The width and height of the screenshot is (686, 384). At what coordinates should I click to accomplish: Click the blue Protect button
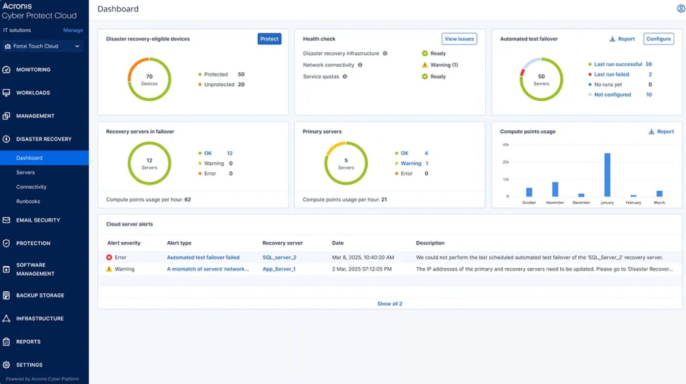(269, 39)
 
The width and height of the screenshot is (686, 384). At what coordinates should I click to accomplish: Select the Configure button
(658, 39)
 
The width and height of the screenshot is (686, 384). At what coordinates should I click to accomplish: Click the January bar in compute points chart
(607, 175)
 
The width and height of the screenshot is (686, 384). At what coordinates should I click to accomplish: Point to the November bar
(555, 189)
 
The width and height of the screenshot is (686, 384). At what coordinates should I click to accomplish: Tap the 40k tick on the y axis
(506, 145)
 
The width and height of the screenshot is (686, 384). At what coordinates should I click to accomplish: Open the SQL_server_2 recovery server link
(279, 257)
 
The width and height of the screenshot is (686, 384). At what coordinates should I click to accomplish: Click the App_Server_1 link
(279, 269)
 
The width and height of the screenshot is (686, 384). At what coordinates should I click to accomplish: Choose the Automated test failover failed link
(203, 257)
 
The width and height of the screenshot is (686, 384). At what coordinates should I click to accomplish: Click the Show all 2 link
(390, 304)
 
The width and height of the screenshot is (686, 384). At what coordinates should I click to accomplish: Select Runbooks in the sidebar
(28, 201)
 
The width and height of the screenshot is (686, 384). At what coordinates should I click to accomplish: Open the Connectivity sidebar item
(31, 187)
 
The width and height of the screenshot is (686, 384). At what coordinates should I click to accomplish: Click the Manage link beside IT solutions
(73, 30)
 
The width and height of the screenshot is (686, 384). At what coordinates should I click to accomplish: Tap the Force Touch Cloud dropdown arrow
(77, 46)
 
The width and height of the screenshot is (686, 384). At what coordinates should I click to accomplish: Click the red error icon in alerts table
(109, 257)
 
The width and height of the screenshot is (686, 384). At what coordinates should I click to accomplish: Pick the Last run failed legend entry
(611, 75)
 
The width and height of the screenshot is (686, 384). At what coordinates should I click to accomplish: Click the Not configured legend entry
(612, 94)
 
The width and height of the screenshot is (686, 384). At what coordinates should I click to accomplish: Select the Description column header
(430, 243)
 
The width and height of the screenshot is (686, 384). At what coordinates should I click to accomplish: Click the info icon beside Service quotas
(345, 77)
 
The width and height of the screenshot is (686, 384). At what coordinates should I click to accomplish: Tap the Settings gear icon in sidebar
(6, 365)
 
